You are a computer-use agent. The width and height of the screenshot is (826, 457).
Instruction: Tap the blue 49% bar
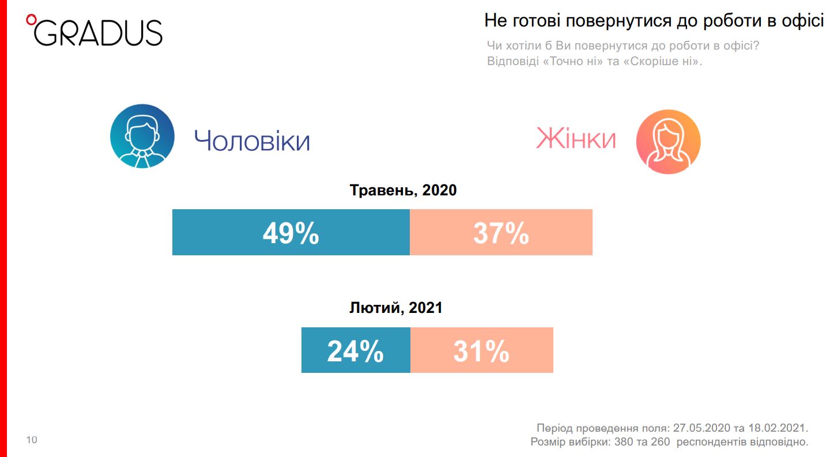click(291, 232)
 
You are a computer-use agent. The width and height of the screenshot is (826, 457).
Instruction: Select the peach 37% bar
click(501, 232)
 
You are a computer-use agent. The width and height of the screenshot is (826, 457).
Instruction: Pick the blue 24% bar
click(356, 350)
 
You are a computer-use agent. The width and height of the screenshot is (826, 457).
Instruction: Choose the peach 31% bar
click(481, 350)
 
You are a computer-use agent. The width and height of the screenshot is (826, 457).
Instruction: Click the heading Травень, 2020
click(403, 190)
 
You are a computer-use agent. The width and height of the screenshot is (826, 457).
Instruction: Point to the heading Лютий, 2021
click(396, 308)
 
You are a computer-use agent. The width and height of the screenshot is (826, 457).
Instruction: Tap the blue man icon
click(142, 136)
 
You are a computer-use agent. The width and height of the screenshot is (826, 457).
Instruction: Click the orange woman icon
click(668, 141)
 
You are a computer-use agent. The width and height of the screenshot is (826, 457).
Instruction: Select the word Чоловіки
click(252, 141)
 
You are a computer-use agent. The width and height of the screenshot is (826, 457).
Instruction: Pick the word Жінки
click(576, 139)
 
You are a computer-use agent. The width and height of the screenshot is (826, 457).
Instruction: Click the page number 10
click(32, 440)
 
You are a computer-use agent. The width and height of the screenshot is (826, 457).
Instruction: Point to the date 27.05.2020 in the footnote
click(701, 428)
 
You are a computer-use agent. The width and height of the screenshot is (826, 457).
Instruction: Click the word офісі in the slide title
click(802, 21)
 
